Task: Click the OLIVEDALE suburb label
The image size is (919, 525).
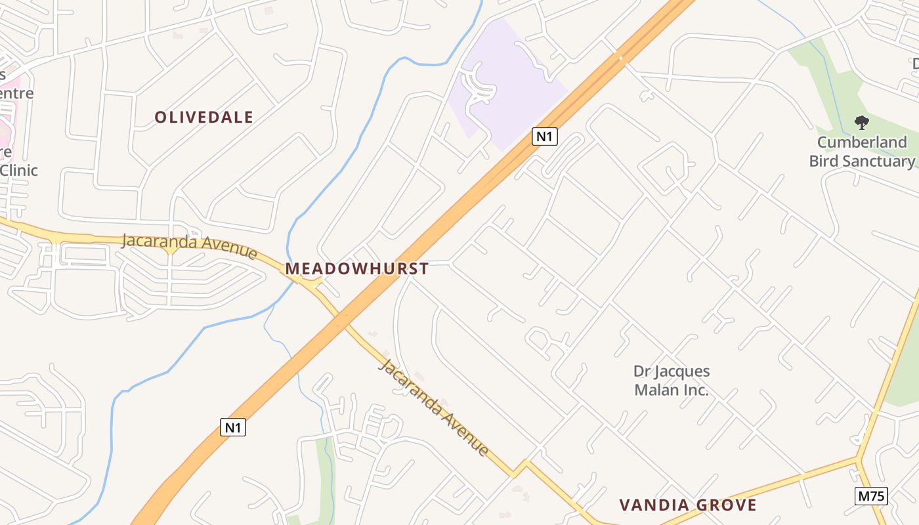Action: pos(203,117)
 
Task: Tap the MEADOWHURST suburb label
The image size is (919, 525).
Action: pos(356,268)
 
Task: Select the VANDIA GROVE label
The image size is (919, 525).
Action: pos(688,505)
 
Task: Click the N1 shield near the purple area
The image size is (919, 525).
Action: pos(545,136)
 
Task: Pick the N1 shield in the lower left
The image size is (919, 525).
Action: pos(233,428)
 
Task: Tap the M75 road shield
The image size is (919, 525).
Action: pos(871,496)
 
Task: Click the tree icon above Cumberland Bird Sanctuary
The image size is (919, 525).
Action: pos(861,122)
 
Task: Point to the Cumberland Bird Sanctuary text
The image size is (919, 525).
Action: pos(862,152)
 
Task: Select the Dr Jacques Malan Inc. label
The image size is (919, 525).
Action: pos(672,381)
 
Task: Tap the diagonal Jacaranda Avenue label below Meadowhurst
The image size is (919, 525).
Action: pos(434,407)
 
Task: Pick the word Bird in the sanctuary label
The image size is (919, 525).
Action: pos(824,161)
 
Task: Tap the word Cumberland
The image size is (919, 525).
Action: pos(862,142)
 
